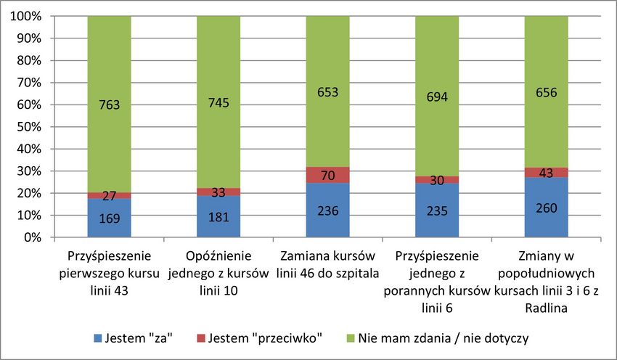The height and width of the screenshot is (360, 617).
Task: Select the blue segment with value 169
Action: coord(109,218)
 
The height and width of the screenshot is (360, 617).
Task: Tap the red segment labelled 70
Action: coord(327,175)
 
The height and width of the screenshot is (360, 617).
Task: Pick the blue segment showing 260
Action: coord(546,208)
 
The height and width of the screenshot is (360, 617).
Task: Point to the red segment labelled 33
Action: coord(218,192)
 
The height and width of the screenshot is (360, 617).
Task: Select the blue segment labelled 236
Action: coord(327,210)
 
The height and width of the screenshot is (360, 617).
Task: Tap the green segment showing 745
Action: coord(218,102)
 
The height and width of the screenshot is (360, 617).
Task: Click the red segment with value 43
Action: coord(546,173)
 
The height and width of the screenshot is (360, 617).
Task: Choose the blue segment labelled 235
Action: coord(437,211)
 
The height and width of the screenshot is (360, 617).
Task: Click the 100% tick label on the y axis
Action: coord(26,16)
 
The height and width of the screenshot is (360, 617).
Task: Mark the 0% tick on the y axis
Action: coord(32,237)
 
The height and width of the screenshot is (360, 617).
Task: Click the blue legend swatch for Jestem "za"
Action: coord(99,339)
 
